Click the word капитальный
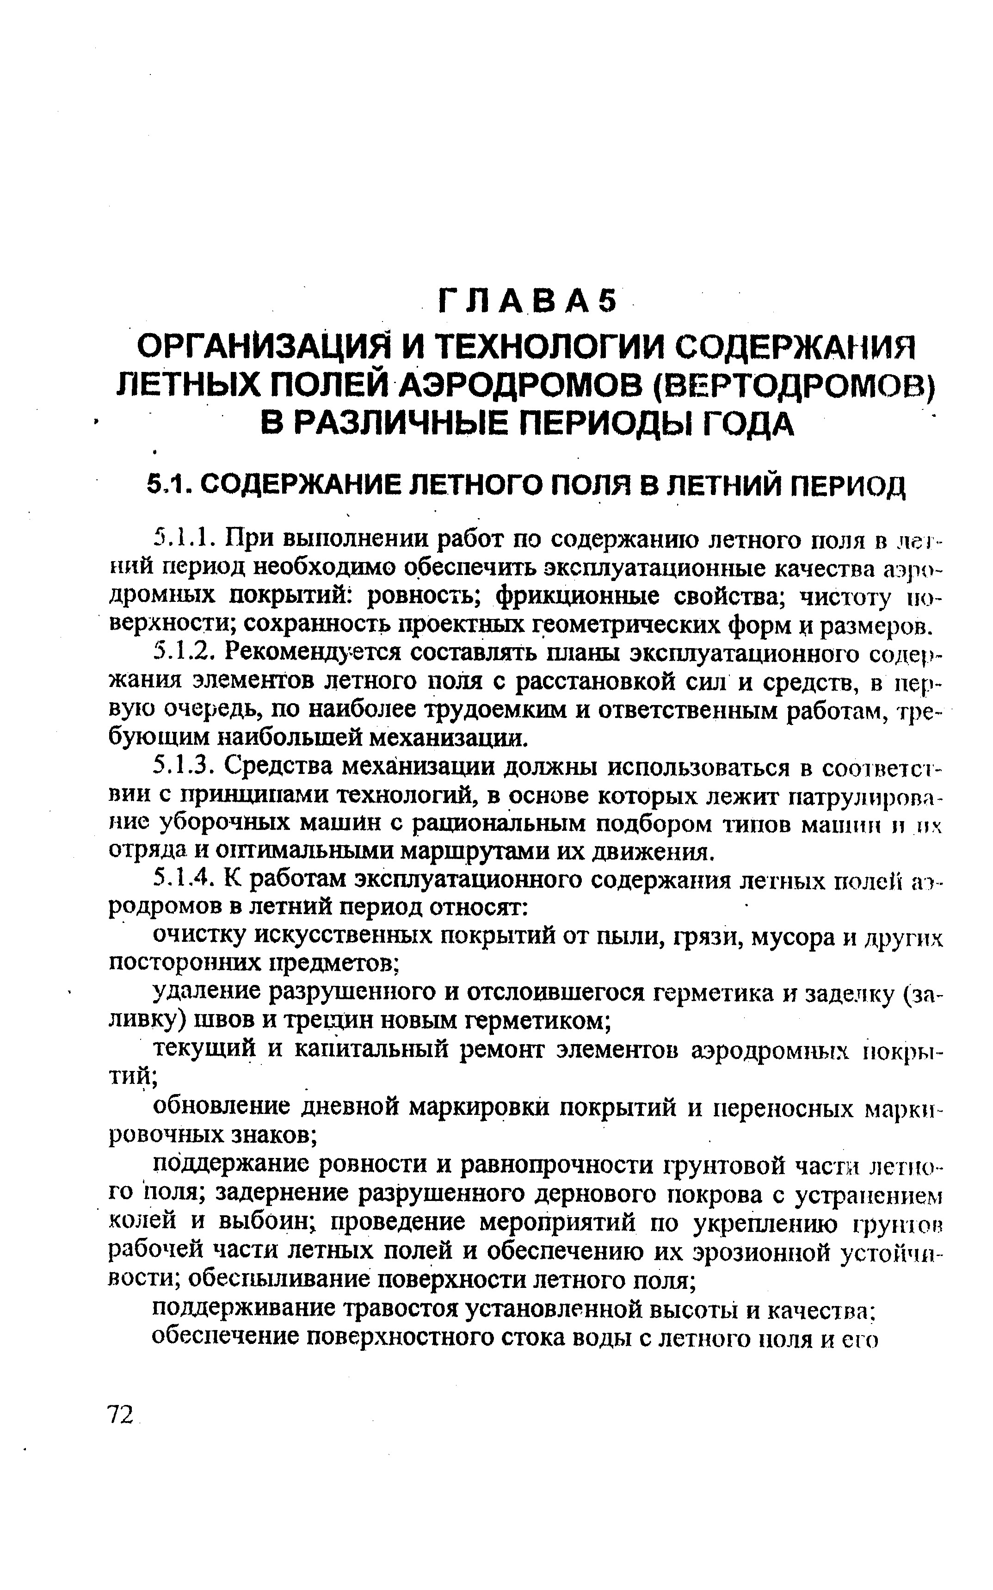(x=366, y=1050)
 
